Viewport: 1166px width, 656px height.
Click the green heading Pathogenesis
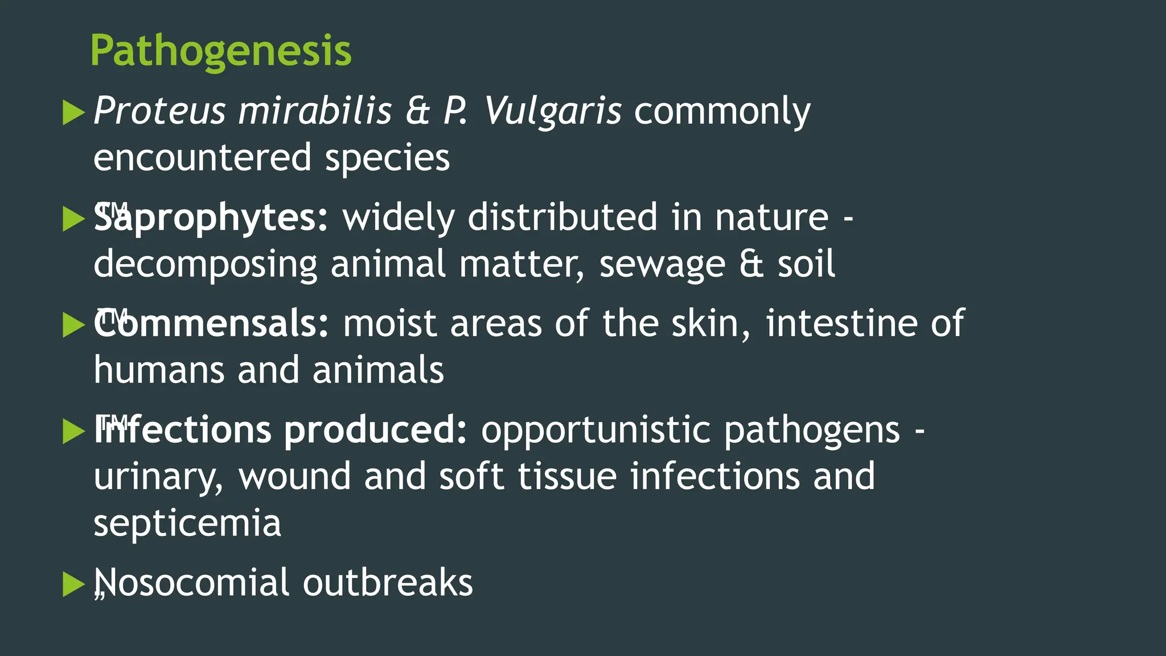tap(221, 51)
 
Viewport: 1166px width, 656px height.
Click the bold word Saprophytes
tap(211, 218)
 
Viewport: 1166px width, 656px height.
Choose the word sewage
tap(662, 264)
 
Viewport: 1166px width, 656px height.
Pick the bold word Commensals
tap(211, 323)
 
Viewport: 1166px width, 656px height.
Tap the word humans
tap(159, 370)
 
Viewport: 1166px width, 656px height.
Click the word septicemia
tap(187, 523)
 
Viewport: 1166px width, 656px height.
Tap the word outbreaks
tap(388, 583)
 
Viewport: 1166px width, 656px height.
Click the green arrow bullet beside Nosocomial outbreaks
tap(73, 585)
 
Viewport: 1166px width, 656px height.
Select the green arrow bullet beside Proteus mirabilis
tap(73, 112)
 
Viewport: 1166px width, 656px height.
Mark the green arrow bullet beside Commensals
tap(73, 325)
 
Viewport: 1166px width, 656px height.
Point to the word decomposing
tap(205, 264)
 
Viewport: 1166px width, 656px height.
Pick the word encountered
tap(202, 158)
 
